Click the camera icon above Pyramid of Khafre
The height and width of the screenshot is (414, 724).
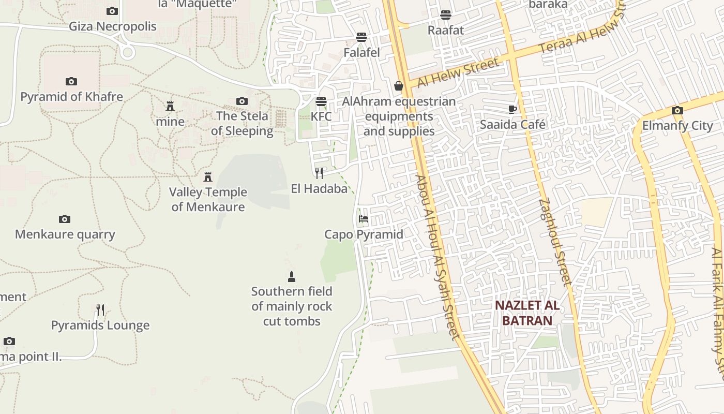(71, 81)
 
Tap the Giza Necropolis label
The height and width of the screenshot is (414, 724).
(113, 26)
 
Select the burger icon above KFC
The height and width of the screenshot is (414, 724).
(321, 101)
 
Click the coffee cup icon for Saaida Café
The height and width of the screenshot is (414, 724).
(512, 109)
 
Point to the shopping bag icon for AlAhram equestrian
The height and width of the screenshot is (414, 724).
(399, 86)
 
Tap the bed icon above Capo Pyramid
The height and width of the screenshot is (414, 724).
(364, 219)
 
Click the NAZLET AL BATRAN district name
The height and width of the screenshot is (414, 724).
(527, 313)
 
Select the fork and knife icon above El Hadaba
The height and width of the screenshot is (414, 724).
(319, 173)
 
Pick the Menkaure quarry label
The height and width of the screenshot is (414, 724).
(65, 234)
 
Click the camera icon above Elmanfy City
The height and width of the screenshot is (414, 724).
(677, 110)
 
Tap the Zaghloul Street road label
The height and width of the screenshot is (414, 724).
(555, 242)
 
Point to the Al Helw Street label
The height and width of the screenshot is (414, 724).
(458, 73)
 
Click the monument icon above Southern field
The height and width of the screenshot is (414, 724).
(292, 276)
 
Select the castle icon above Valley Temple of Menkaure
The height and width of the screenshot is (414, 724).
(208, 177)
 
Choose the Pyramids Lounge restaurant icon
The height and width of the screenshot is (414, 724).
(100, 310)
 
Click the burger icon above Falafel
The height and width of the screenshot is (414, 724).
(361, 37)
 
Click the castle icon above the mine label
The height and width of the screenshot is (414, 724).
(170, 106)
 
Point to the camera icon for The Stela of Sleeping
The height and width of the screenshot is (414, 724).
(242, 101)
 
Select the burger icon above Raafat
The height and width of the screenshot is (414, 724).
(446, 14)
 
